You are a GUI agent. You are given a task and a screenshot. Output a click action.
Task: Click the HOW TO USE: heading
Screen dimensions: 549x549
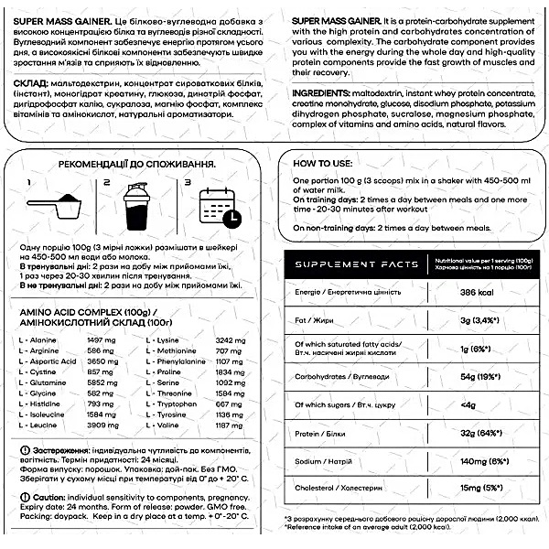pos(318,165)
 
